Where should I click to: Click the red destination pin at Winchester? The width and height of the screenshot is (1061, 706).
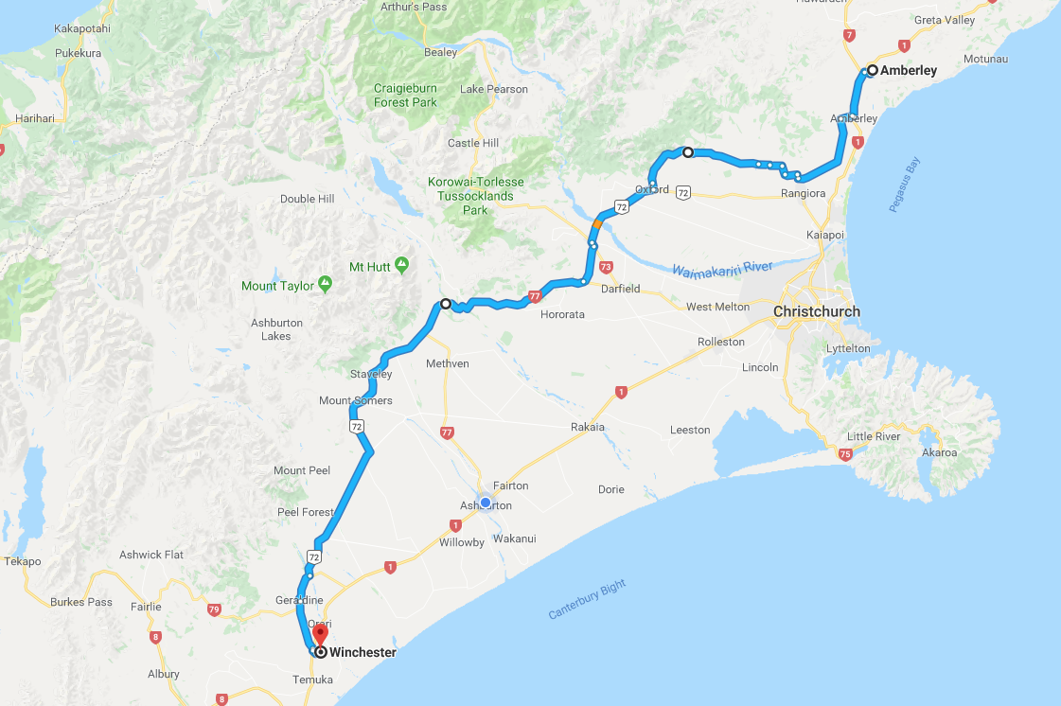point(320,635)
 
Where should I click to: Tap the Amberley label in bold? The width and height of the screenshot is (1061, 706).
point(909,71)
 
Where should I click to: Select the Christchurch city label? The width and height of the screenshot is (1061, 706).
point(817,311)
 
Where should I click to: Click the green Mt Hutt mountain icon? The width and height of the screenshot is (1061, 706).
point(401,263)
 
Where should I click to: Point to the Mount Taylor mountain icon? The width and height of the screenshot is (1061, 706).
point(325,282)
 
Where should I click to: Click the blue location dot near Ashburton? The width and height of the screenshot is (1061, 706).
point(486,503)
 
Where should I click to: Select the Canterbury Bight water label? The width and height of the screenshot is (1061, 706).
point(587,600)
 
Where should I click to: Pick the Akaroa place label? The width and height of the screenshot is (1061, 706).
point(939,452)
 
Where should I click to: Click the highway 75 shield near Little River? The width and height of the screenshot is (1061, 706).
point(845,455)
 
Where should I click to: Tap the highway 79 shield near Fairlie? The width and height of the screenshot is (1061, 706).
point(214,610)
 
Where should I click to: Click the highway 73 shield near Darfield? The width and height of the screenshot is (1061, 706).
point(607,268)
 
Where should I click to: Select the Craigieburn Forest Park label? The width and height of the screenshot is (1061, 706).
point(405,95)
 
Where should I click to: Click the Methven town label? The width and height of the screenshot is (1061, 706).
point(448,363)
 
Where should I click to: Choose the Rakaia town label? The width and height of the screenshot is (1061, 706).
point(587,427)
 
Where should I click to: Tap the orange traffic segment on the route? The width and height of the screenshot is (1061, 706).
point(596,224)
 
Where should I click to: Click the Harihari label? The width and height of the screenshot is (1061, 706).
point(38,119)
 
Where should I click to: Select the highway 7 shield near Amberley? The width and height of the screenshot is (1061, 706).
point(849,35)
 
